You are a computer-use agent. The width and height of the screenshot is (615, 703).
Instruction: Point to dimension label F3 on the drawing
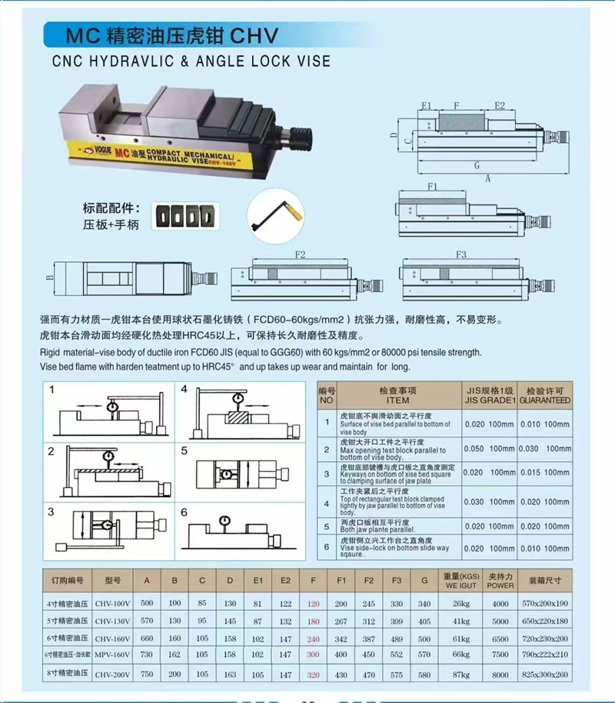[461, 254]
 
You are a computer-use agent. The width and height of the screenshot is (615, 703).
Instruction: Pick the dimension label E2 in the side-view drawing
[500, 104]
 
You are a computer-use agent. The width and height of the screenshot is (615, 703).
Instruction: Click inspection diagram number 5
[184, 451]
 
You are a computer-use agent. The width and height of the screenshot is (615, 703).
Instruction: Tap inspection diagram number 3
[51, 512]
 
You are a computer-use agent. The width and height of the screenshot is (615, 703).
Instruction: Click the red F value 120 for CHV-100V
[313, 604]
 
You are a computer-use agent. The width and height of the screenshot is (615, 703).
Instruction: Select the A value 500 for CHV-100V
[147, 604]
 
